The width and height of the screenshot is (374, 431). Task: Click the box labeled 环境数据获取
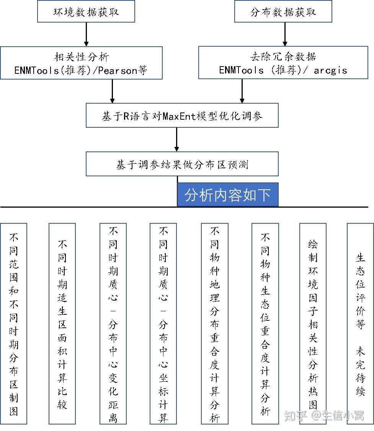coord(86,12)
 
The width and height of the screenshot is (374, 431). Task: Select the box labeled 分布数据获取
coord(283,12)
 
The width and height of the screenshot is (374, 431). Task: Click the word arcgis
coord(330,70)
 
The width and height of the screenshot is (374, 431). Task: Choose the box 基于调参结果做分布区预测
coord(182,164)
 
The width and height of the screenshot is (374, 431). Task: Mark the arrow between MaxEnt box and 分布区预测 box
coord(176,140)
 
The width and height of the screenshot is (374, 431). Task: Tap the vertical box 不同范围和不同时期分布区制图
coord(14,324)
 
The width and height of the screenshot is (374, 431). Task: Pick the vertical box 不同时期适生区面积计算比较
coord(62,324)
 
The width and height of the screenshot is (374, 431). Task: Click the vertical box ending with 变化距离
coord(113,324)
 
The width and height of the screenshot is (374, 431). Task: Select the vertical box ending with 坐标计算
coord(163,324)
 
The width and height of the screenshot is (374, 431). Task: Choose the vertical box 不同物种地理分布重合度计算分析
coord(214,324)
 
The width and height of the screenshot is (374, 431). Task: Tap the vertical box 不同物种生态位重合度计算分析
coord(265,324)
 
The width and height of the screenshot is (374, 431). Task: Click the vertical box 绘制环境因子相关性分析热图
coord(313,324)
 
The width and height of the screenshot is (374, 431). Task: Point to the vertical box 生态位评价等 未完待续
coord(360,324)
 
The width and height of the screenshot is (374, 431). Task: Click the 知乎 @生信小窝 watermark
coord(324,415)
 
